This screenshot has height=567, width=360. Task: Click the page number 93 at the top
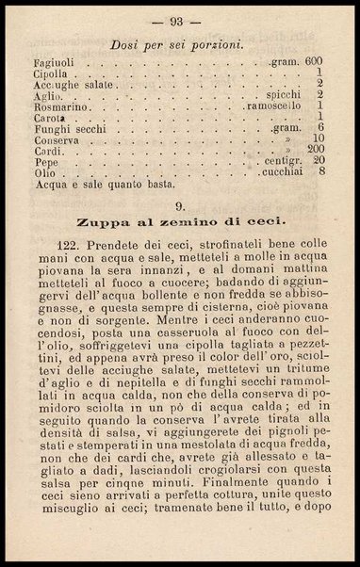(180, 22)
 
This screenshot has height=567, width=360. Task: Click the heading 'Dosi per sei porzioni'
(178, 43)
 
